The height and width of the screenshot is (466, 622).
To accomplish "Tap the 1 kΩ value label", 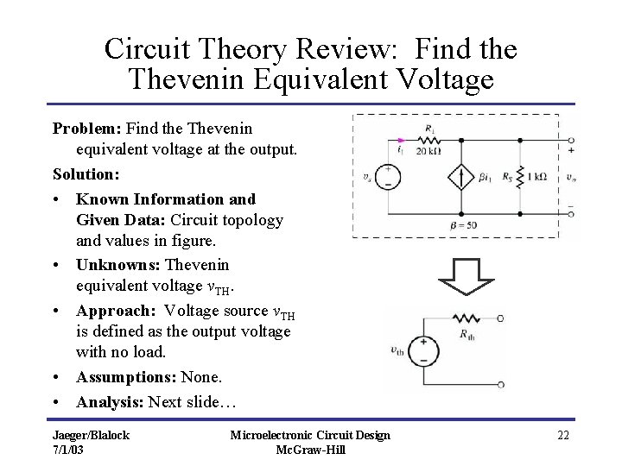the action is (535, 176).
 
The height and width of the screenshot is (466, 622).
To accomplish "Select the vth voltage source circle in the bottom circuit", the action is (423, 350).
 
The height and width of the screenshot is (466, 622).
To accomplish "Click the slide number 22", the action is (562, 435).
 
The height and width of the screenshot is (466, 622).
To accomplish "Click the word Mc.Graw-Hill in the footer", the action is (309, 450).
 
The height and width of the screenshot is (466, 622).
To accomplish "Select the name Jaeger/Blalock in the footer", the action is (91, 435).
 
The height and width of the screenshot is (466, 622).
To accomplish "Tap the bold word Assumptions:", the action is (124, 378).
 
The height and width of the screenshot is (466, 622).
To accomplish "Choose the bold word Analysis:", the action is (111, 401).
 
